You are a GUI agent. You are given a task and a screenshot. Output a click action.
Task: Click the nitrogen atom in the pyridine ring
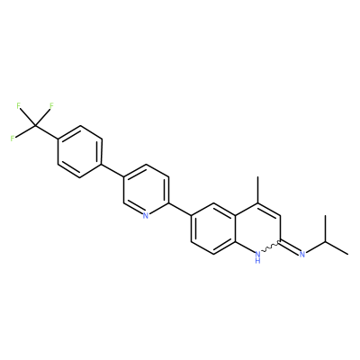click(x=146, y=215)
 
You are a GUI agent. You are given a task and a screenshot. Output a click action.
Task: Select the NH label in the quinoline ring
click(x=257, y=257)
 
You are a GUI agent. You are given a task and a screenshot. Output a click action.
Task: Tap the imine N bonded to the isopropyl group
click(x=302, y=255)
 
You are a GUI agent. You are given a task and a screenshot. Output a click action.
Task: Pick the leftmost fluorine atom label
click(x=13, y=139)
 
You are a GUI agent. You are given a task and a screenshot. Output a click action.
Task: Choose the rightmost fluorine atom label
click(x=51, y=105)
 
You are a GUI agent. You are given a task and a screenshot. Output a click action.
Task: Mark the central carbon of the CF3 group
click(x=35, y=126)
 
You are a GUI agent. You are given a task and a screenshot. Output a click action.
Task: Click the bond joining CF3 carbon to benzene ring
click(x=46, y=132)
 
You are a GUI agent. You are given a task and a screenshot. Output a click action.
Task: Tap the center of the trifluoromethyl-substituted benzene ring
click(x=80, y=152)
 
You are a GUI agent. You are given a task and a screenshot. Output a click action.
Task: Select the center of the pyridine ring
click(x=146, y=190)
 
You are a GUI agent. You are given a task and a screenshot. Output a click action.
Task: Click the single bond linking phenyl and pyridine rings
click(x=112, y=171)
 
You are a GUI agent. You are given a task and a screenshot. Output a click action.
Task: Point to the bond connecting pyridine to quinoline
click(x=180, y=209)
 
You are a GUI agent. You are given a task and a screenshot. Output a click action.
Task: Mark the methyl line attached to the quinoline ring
click(x=257, y=190)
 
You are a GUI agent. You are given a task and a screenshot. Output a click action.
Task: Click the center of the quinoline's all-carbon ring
click(x=213, y=229)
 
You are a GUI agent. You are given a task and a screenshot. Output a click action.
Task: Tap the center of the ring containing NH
click(x=257, y=229)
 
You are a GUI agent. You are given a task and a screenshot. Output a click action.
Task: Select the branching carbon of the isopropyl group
click(x=325, y=241)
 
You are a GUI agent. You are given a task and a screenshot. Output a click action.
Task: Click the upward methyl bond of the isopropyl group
click(x=325, y=229)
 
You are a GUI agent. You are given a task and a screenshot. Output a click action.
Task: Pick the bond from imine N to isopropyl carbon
click(x=316, y=247)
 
